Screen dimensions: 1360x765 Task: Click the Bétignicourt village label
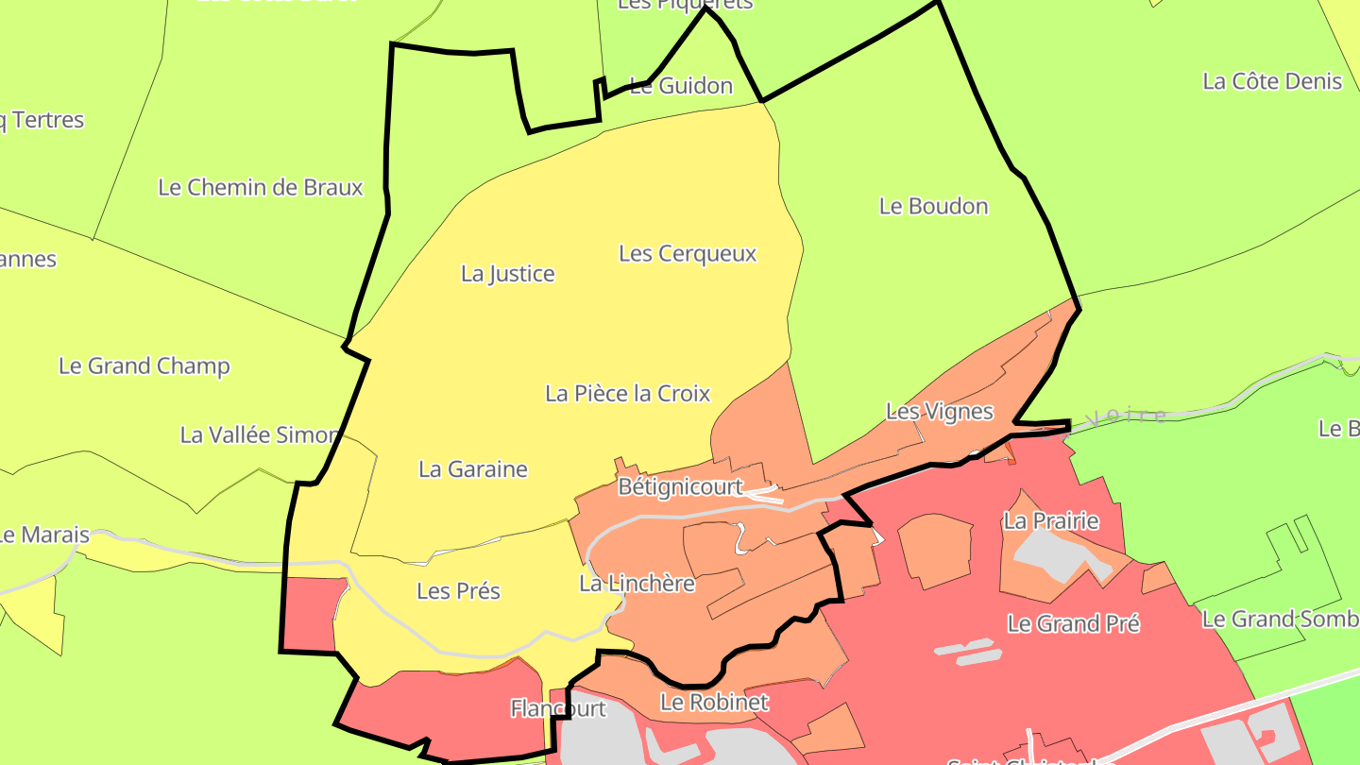click(x=680, y=487)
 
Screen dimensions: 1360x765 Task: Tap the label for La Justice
click(x=508, y=274)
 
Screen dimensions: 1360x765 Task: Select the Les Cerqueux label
click(x=688, y=253)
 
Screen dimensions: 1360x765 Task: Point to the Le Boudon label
click(x=933, y=206)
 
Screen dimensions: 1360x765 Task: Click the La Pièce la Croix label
click(x=627, y=393)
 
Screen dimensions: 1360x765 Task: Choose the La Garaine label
click(x=472, y=468)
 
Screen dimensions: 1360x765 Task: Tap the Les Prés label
click(x=458, y=590)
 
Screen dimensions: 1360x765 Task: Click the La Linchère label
click(x=637, y=584)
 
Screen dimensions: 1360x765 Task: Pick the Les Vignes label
click(x=939, y=411)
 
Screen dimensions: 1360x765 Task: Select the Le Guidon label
click(x=680, y=86)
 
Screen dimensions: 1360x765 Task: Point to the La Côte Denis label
click(x=1272, y=81)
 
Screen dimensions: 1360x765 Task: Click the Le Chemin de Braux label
click(x=261, y=187)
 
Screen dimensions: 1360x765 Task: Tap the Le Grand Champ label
click(x=144, y=365)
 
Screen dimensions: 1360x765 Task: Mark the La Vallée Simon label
click(x=259, y=434)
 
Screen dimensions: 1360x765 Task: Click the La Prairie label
click(x=1051, y=520)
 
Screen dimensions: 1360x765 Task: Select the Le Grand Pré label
click(x=1074, y=623)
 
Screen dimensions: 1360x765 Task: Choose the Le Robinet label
click(x=714, y=702)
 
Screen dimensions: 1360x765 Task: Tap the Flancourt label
click(x=558, y=707)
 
